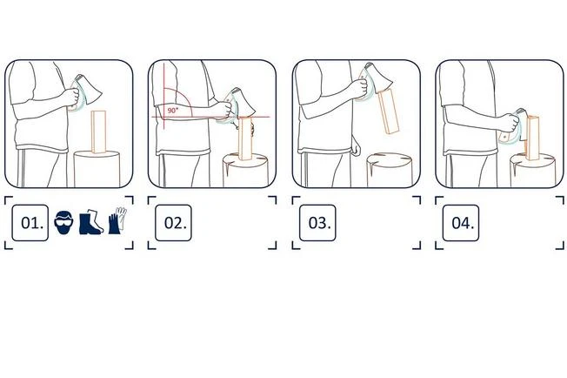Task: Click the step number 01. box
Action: click(30, 223)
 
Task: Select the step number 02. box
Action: click(173, 223)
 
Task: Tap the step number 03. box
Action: click(317, 223)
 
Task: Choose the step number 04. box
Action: click(461, 223)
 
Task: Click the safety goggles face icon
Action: click(63, 220)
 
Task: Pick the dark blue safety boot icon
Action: click(90, 221)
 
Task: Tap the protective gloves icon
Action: click(117, 220)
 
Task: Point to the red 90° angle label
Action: click(172, 111)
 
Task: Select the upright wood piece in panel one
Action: click(99, 132)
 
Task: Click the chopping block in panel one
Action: click(97, 169)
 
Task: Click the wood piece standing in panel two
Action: click(245, 138)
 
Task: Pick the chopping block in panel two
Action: click(245, 171)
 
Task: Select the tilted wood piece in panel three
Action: click(389, 111)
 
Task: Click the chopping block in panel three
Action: click(390, 170)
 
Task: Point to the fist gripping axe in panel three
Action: click(358, 88)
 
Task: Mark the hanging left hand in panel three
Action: click(356, 148)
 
